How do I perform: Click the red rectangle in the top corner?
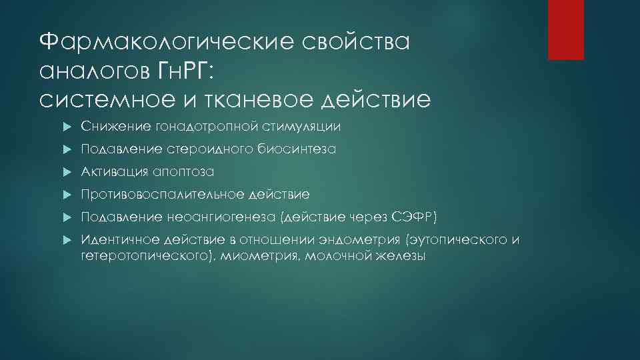(x=565, y=29)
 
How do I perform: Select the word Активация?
(x=111, y=172)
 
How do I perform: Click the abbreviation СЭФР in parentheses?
(x=414, y=217)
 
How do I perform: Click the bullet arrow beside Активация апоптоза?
(x=65, y=172)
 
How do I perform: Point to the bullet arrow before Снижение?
(x=65, y=127)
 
